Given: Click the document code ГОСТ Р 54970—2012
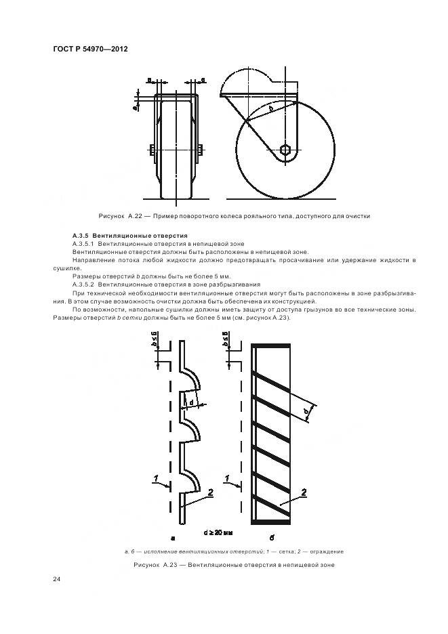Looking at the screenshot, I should coord(90,49).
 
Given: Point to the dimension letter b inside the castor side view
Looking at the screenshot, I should coord(270,108).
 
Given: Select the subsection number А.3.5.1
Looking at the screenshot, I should coord(83,242).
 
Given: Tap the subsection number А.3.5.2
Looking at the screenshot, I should coord(83,285).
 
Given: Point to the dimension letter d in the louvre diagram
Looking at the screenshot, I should coord(192,402).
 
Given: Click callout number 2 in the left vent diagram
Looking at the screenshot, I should coord(210,492).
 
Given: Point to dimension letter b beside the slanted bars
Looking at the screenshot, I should coord(306,410).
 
